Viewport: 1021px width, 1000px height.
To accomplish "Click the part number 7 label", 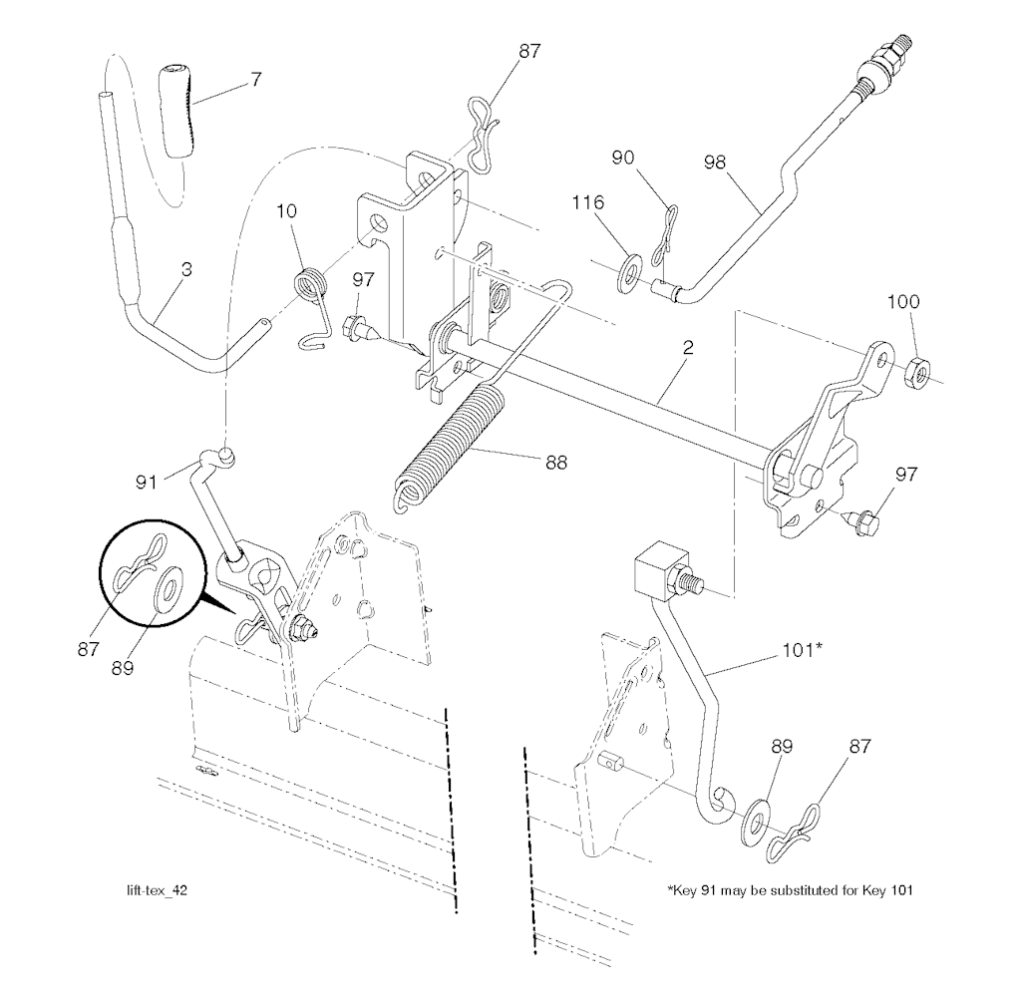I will pyautogui.click(x=256, y=80).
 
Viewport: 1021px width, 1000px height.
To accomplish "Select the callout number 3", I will pyautogui.click(x=186, y=270).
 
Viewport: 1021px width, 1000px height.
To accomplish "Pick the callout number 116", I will pyautogui.click(x=587, y=203).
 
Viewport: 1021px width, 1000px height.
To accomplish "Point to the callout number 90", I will pyautogui.click(x=623, y=158).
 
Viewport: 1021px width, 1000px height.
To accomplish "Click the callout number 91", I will pyautogui.click(x=148, y=483).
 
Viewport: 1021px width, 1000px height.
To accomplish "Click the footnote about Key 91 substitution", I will pyautogui.click(x=790, y=890).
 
